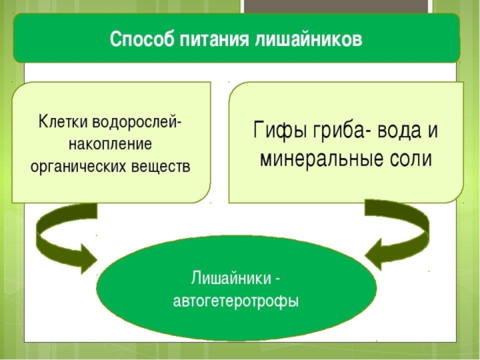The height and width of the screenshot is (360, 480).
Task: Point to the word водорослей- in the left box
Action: pyautogui.click(x=139, y=122)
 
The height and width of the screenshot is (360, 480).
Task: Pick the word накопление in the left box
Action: pyautogui.click(x=111, y=144)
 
